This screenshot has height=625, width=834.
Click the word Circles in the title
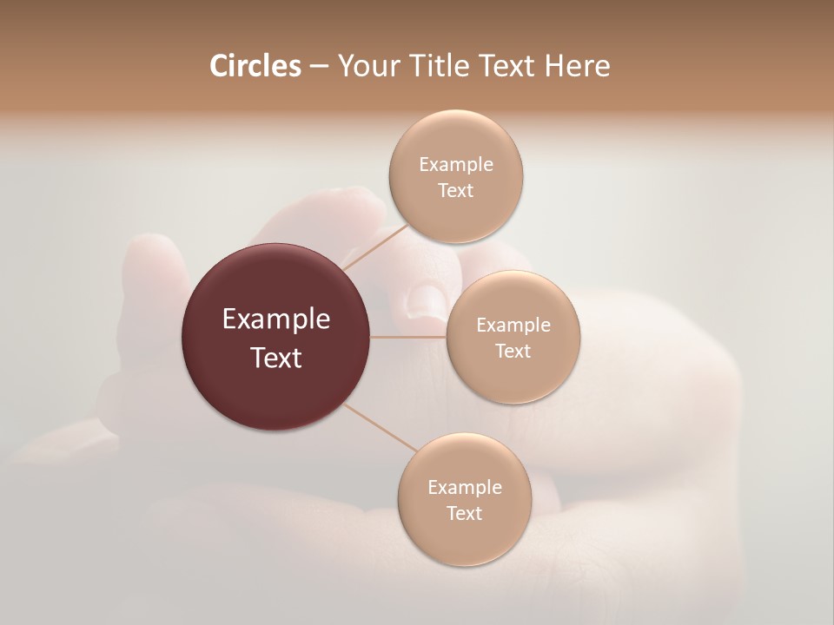(255, 66)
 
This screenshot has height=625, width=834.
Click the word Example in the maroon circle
(276, 319)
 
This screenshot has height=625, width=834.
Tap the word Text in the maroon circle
(276, 358)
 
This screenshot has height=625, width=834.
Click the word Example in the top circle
(456, 165)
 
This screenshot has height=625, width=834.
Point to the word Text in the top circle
(455, 191)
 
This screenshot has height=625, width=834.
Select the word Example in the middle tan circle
(513, 326)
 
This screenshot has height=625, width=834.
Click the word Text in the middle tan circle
(513, 352)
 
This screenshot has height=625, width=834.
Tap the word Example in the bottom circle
(465, 488)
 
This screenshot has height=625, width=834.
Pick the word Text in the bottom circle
(464, 514)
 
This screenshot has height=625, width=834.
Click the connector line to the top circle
(374, 247)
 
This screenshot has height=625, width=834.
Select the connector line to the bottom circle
(381, 428)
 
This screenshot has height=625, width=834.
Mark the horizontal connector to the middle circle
(407, 337)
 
